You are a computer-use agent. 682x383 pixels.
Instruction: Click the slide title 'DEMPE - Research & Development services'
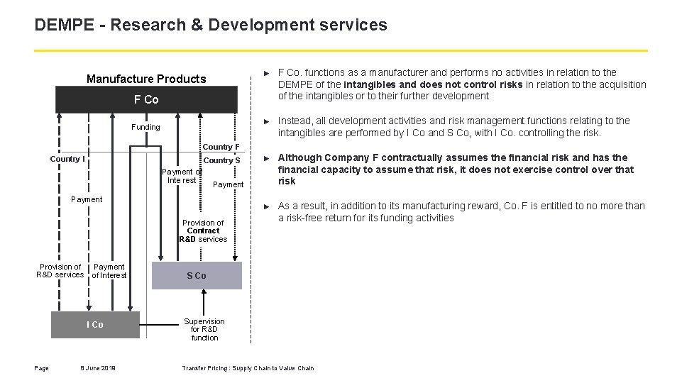pyautogui.click(x=211, y=26)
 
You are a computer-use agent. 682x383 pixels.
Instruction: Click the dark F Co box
pyautogui.click(x=146, y=99)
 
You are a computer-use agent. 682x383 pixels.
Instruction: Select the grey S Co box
pyautogui.click(x=197, y=275)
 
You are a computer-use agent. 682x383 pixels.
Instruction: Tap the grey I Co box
pyautogui.click(x=95, y=324)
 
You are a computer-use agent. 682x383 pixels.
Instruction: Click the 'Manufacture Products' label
pyautogui.click(x=146, y=79)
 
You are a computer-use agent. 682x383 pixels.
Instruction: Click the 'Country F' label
pyautogui.click(x=221, y=147)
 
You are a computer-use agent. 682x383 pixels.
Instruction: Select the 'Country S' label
pyautogui.click(x=222, y=160)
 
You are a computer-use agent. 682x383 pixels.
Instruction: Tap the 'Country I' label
pyautogui.click(x=67, y=159)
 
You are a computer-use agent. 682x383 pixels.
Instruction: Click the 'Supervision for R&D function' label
pyautogui.click(x=204, y=329)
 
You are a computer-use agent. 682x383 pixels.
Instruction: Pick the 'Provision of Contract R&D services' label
pyautogui.click(x=203, y=231)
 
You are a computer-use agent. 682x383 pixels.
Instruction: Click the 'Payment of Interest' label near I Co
pyautogui.click(x=109, y=271)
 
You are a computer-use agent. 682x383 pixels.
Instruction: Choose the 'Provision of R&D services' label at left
pyautogui.click(x=60, y=271)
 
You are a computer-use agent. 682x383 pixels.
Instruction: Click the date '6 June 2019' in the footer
pyautogui.click(x=99, y=367)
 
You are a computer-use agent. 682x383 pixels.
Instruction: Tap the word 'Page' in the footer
pyautogui.click(x=42, y=367)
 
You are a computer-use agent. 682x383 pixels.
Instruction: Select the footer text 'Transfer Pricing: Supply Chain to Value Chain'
pyautogui.click(x=248, y=367)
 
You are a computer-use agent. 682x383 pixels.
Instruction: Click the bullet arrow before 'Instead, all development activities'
pyautogui.click(x=266, y=121)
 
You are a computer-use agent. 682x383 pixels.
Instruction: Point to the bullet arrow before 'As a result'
pyautogui.click(x=266, y=206)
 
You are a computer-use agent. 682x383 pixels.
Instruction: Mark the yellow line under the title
pyautogui.click(x=341, y=51)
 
